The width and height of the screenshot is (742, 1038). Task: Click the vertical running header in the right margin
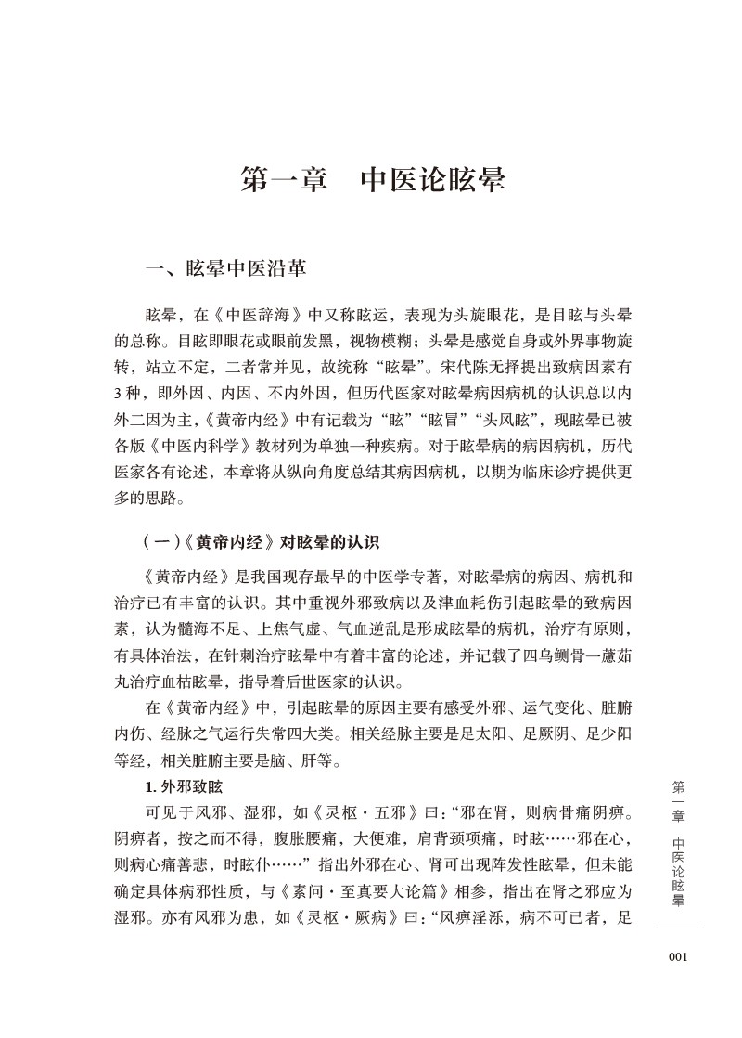[678, 842]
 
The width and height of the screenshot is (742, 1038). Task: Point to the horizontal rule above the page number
[678, 928]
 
